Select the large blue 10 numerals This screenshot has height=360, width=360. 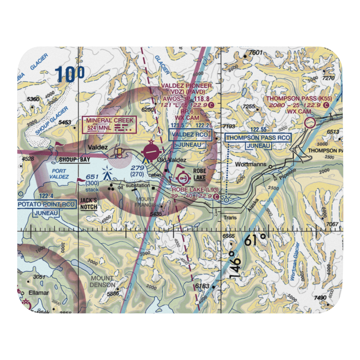coord(70,75)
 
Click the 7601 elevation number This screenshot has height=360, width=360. coord(256,53)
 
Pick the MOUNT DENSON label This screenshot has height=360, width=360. coord(103,282)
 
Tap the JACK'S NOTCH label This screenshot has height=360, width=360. coord(89,203)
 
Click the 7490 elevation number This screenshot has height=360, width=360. coord(320,298)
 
